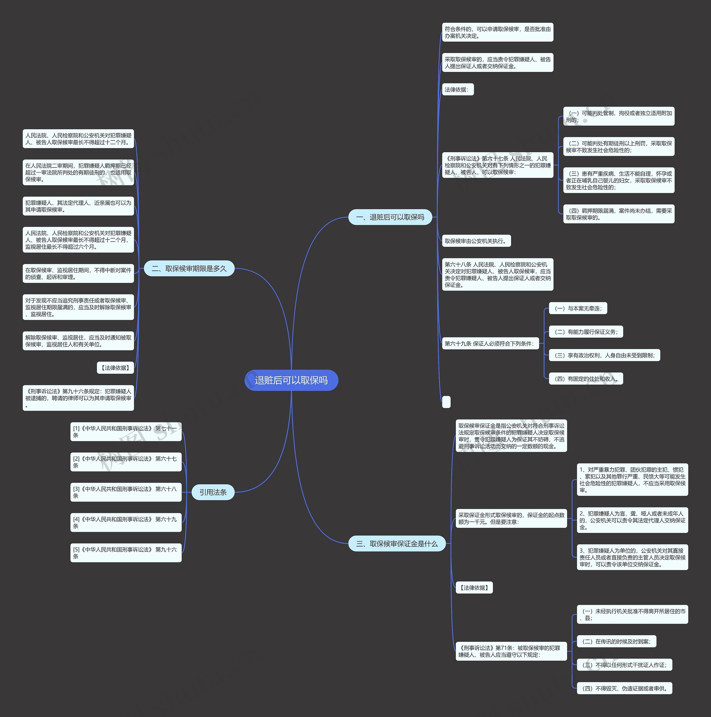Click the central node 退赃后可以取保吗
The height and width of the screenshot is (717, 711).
(x=291, y=380)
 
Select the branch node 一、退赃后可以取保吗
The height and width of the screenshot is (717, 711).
(x=390, y=217)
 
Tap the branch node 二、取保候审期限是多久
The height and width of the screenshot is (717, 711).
(x=189, y=268)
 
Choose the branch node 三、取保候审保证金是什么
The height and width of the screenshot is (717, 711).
(x=397, y=544)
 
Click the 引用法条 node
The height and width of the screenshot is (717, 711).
(x=213, y=492)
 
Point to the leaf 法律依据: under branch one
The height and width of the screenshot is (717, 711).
(x=457, y=89)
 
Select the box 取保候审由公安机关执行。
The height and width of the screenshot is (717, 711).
(x=476, y=241)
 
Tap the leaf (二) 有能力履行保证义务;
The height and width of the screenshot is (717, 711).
(x=585, y=332)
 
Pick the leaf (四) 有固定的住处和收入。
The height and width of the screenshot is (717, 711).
(x=585, y=379)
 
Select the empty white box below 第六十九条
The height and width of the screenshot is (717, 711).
(x=446, y=402)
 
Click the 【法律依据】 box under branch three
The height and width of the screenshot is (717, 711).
(x=474, y=588)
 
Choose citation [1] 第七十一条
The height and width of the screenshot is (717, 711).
(x=126, y=432)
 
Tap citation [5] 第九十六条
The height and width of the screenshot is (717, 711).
(x=126, y=553)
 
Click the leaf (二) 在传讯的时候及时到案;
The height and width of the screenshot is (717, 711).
(x=616, y=641)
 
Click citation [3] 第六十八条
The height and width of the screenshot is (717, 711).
(x=126, y=492)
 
